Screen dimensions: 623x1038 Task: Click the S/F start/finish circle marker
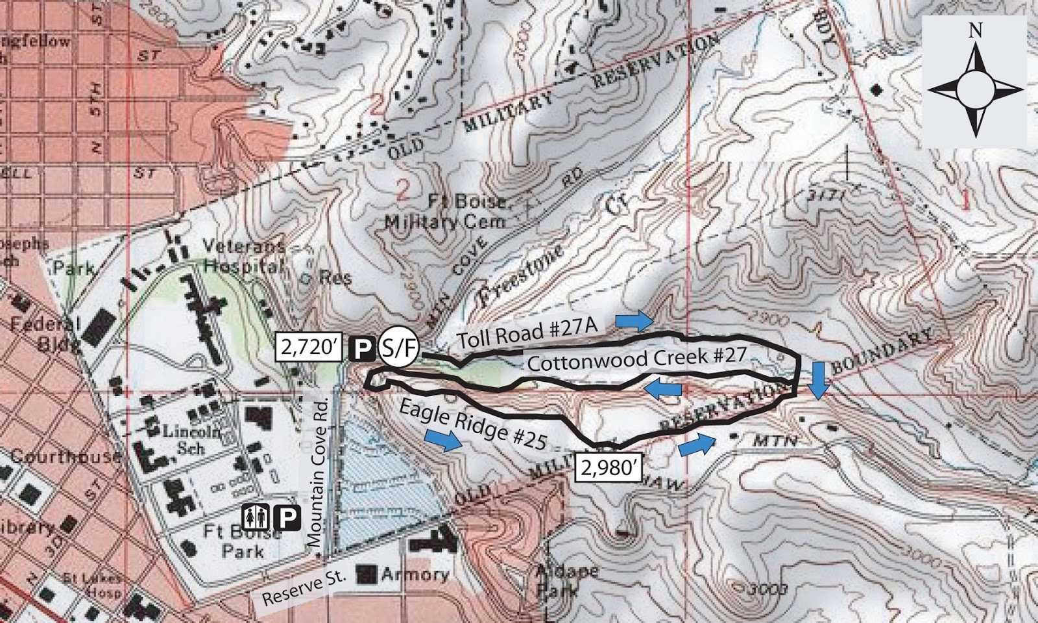coord(398,348)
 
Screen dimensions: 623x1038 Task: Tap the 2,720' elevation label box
coord(309,347)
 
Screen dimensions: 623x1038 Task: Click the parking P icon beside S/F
coord(362,349)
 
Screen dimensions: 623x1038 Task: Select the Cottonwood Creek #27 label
coord(636,359)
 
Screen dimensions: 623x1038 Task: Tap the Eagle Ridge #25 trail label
coord(473,424)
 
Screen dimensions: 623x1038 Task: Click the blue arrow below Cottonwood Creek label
coord(662,389)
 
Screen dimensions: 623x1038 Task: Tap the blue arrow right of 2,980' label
coord(697,445)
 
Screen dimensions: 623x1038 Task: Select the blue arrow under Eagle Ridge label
coord(444,439)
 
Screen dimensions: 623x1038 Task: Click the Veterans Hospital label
coord(243,255)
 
